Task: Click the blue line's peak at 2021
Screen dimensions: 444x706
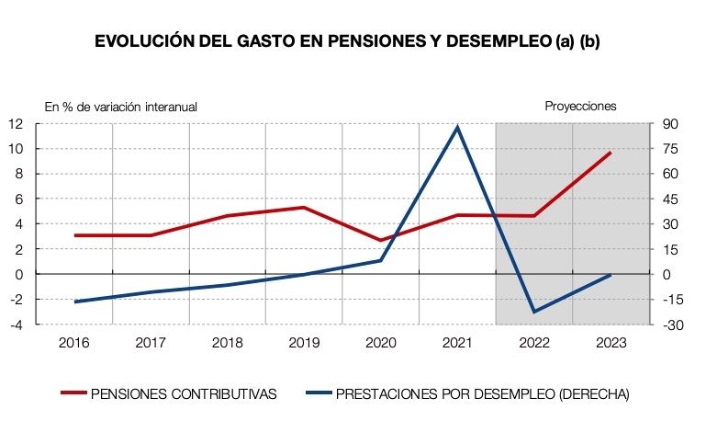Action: pyautogui.click(x=457, y=127)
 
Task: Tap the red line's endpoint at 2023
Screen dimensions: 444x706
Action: pyautogui.click(x=610, y=153)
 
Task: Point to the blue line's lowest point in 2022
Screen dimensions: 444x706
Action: pyautogui.click(x=533, y=312)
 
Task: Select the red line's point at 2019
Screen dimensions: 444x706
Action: pyautogui.click(x=304, y=208)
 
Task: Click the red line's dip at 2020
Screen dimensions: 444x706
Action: pyautogui.click(x=380, y=240)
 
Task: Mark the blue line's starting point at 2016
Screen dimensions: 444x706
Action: pyautogui.click(x=74, y=302)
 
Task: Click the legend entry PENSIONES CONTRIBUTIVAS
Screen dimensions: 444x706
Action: pyautogui.click(x=184, y=394)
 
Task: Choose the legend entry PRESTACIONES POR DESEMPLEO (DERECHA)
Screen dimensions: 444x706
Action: pyautogui.click(x=482, y=394)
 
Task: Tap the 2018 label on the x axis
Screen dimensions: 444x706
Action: pyautogui.click(x=227, y=343)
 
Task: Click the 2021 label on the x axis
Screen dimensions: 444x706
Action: pyautogui.click(x=457, y=343)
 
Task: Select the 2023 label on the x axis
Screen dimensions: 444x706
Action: pyautogui.click(x=610, y=343)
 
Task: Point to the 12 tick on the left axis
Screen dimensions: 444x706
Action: pyautogui.click(x=17, y=124)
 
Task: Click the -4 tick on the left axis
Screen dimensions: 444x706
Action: pyautogui.click(x=17, y=324)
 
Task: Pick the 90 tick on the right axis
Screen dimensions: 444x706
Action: pyautogui.click(x=669, y=124)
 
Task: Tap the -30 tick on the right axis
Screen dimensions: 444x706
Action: pyautogui.click(x=670, y=324)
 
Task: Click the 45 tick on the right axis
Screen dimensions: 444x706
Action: pyautogui.click(x=669, y=199)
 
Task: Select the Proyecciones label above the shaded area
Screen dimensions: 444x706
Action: pyautogui.click(x=580, y=106)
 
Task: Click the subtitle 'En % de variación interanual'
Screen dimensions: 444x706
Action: pyautogui.click(x=120, y=107)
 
